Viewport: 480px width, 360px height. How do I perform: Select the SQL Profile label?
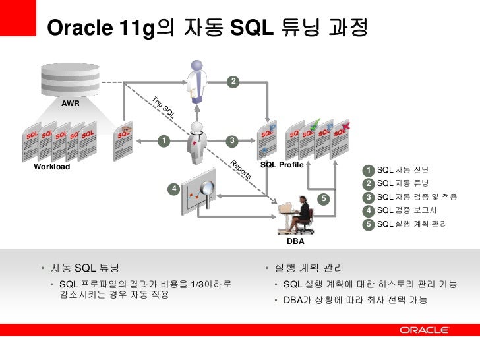(282, 164)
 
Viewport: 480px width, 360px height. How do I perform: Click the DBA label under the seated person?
(295, 242)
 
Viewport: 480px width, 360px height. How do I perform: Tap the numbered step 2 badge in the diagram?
(233, 81)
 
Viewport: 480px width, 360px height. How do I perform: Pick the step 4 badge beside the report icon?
(173, 189)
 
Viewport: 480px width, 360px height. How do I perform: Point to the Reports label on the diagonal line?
(241, 170)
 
